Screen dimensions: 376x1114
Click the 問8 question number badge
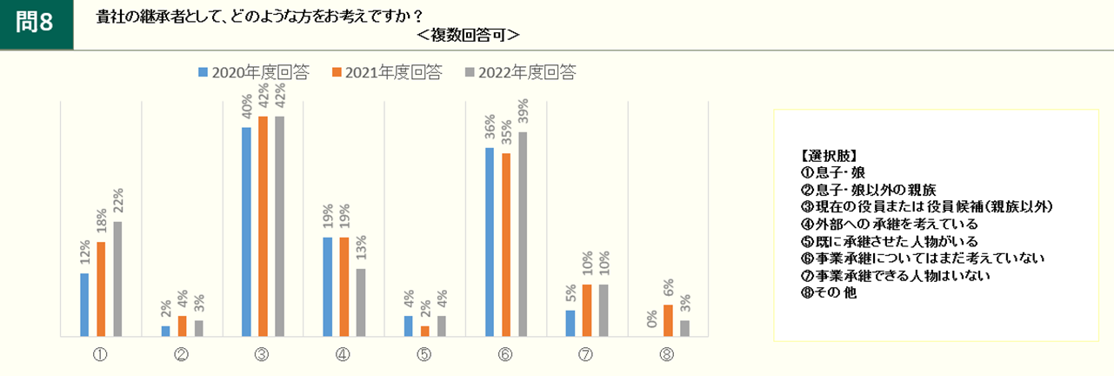coord(36,23)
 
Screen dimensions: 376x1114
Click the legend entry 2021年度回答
coord(387,73)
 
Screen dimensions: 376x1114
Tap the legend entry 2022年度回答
coord(520,73)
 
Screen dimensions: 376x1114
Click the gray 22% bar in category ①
coord(117,279)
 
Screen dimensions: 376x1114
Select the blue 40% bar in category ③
coord(246,232)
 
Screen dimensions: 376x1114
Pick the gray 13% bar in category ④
coord(361,302)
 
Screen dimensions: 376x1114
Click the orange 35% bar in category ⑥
coord(506,244)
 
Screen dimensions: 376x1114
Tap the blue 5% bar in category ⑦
coord(570,323)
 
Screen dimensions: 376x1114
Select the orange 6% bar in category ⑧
coord(668,320)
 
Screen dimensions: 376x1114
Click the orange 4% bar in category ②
coord(182,326)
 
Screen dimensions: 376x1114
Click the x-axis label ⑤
coord(424,354)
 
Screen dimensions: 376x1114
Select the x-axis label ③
coord(262,354)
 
